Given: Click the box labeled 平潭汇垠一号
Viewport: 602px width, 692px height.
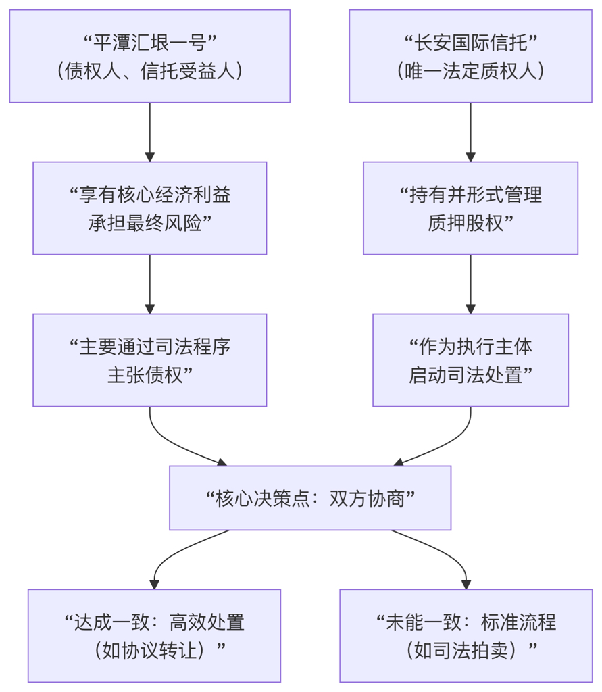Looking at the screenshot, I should pyautogui.click(x=149, y=56).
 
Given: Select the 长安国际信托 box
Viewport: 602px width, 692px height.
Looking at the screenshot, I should pyautogui.click(x=470, y=56).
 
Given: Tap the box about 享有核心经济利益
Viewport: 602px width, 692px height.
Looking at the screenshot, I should pyautogui.click(x=149, y=208).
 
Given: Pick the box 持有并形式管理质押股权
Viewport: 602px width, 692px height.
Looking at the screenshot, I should pyautogui.click(x=470, y=208).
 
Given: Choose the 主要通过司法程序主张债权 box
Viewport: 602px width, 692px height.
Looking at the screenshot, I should pyautogui.click(x=149, y=360).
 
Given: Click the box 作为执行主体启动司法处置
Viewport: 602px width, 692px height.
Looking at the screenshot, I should pyautogui.click(x=470, y=360).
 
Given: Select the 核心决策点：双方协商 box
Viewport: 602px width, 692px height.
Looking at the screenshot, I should pyautogui.click(x=310, y=498).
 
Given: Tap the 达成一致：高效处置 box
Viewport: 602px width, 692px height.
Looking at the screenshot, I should pyautogui.click(x=154, y=636).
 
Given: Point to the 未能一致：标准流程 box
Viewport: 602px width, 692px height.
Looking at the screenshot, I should pyautogui.click(x=466, y=636).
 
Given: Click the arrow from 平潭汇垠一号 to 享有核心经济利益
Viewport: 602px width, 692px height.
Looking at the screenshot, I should pyautogui.click(x=149, y=132).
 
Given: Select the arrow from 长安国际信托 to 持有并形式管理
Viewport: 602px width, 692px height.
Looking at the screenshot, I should pyautogui.click(x=470, y=132).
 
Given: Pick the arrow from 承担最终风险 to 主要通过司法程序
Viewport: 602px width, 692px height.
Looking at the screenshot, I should pyautogui.click(x=149, y=284).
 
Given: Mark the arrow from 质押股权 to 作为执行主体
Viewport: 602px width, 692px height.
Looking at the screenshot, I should pyautogui.click(x=470, y=284).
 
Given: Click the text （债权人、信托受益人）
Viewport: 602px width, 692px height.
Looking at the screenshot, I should pyautogui.click(x=149, y=71).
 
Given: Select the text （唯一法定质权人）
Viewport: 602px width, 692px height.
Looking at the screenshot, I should pyautogui.click(x=470, y=71).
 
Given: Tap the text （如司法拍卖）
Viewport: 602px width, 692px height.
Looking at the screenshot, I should pyautogui.click(x=466, y=651).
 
